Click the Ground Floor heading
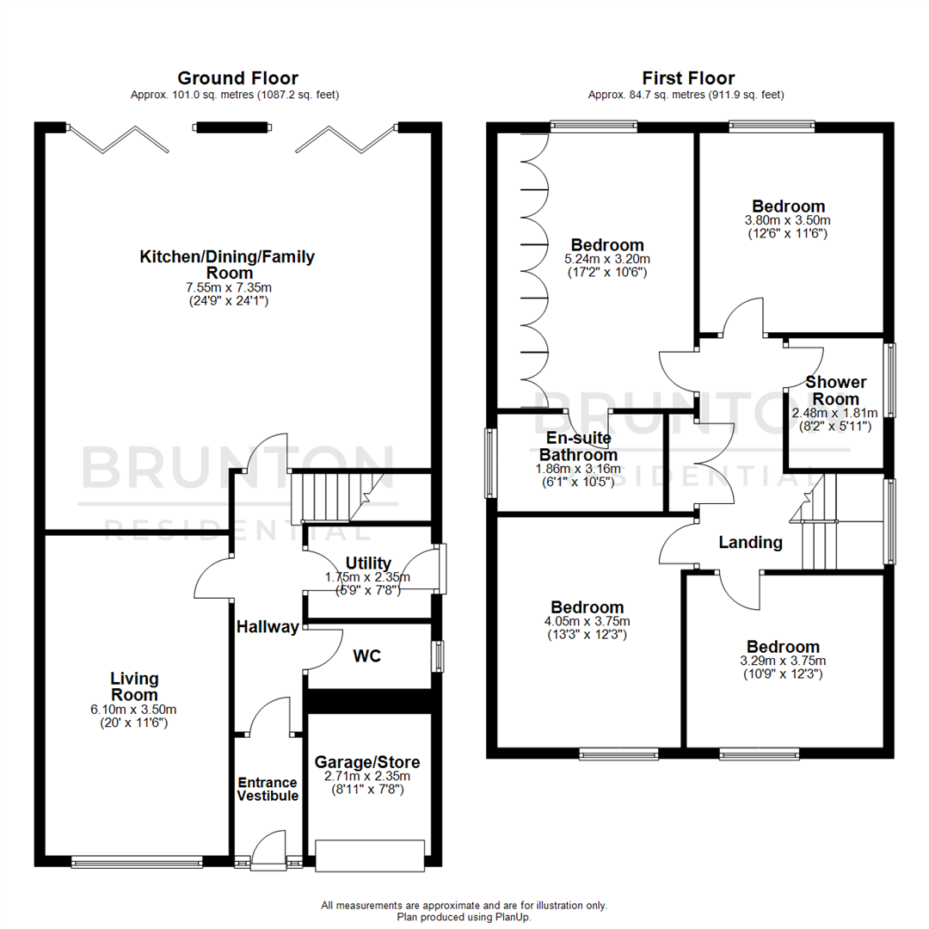(237, 79)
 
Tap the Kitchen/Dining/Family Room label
(227, 264)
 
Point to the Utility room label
(369, 563)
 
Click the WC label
(366, 655)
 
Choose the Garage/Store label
(367, 762)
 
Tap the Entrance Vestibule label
(268, 790)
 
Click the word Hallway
(267, 627)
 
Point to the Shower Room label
(836, 391)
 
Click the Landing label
(750, 543)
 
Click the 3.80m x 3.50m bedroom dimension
(788, 220)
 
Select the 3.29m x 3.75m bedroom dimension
(783, 661)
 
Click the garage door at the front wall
(370, 855)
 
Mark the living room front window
(137, 860)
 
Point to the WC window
(439, 656)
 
